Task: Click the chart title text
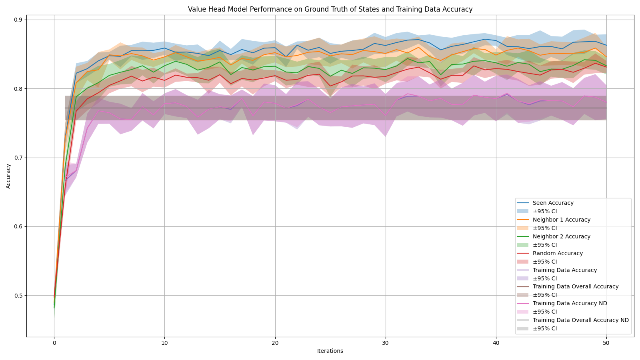[x=330, y=9]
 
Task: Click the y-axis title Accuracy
[x=8, y=176]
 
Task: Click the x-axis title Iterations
[x=330, y=351]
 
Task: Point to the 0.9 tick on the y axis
[x=18, y=20]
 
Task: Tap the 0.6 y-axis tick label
[x=18, y=227]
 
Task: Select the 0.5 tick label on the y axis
[x=18, y=296]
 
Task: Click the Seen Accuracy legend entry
[x=553, y=203]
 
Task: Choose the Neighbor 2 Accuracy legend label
[x=561, y=237]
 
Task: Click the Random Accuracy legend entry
[x=558, y=254]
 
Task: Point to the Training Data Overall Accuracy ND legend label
[x=580, y=320]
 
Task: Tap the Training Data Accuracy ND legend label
[x=570, y=304]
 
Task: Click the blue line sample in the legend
[x=523, y=203]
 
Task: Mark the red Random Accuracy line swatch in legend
[x=523, y=254]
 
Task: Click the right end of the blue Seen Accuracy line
[x=606, y=45]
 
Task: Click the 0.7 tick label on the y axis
[x=18, y=158]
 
